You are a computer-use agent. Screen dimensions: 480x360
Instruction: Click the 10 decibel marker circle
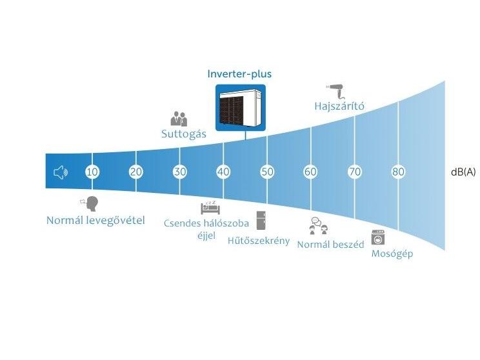coord(92,172)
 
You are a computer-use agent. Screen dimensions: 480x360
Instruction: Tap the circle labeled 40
coord(223,172)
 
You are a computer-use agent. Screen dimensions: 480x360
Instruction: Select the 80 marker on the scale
coord(398,172)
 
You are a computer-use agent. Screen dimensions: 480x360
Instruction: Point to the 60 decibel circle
coord(311,172)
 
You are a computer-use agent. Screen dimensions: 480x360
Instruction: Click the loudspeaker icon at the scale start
coord(61,173)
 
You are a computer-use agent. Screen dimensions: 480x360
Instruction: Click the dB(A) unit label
coord(463,172)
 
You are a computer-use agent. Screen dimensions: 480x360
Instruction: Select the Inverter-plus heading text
coord(239,74)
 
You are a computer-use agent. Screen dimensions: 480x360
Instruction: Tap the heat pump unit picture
coord(241,108)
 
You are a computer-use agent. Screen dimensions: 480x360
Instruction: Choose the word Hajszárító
coord(339,106)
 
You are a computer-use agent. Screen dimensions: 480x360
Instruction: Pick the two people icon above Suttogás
coord(179,119)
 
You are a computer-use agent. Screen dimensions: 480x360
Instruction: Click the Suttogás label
coord(184,134)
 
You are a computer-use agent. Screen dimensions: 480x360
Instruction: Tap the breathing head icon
coord(90,204)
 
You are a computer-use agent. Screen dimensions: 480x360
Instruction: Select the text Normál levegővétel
coord(95,221)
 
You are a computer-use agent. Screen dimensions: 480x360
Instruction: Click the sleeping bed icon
coord(210,208)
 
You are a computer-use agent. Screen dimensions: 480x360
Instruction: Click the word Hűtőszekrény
coord(259,241)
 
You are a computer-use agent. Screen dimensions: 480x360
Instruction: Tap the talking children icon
coord(318,226)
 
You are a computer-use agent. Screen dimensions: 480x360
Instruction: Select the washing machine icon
coord(378,237)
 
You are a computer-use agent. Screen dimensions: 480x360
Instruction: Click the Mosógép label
coord(392,254)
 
